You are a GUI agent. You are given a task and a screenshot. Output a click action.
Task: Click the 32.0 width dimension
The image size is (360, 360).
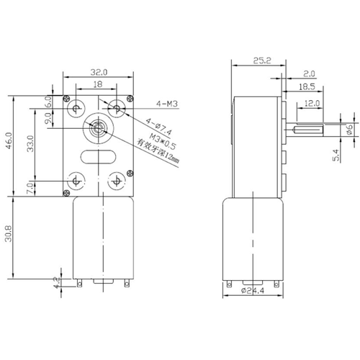click(x=99, y=72)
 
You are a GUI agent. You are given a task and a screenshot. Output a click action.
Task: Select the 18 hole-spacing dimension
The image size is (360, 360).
click(x=98, y=84)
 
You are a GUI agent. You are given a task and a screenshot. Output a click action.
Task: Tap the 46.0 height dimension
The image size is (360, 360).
click(x=9, y=141)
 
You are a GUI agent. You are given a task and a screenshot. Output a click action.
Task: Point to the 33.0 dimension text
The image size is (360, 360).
click(x=30, y=143)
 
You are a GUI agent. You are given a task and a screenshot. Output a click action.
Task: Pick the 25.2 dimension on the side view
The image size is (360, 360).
click(x=262, y=60)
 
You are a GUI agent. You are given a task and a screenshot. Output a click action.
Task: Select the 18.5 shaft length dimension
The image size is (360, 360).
click(x=307, y=86)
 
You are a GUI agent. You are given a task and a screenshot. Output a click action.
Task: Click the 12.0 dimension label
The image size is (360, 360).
click(x=312, y=104)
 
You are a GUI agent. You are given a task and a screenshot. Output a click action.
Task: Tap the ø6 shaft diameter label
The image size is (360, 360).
click(x=349, y=130)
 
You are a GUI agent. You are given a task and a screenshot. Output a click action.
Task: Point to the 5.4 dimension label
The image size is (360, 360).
click(x=336, y=155)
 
